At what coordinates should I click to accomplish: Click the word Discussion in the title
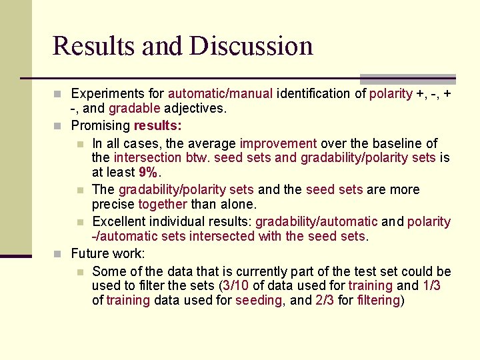(x=251, y=46)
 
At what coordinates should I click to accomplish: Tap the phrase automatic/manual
(x=220, y=94)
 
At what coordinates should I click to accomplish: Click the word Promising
(x=101, y=126)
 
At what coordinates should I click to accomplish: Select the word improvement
(x=278, y=143)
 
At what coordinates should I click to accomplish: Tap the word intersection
(x=147, y=158)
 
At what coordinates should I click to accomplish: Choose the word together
(x=163, y=205)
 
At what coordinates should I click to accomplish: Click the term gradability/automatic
(x=316, y=221)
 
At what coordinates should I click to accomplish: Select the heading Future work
(x=107, y=253)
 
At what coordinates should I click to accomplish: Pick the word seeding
(x=259, y=301)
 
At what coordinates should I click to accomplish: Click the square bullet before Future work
(x=61, y=254)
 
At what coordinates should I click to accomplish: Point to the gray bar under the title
(x=407, y=79)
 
